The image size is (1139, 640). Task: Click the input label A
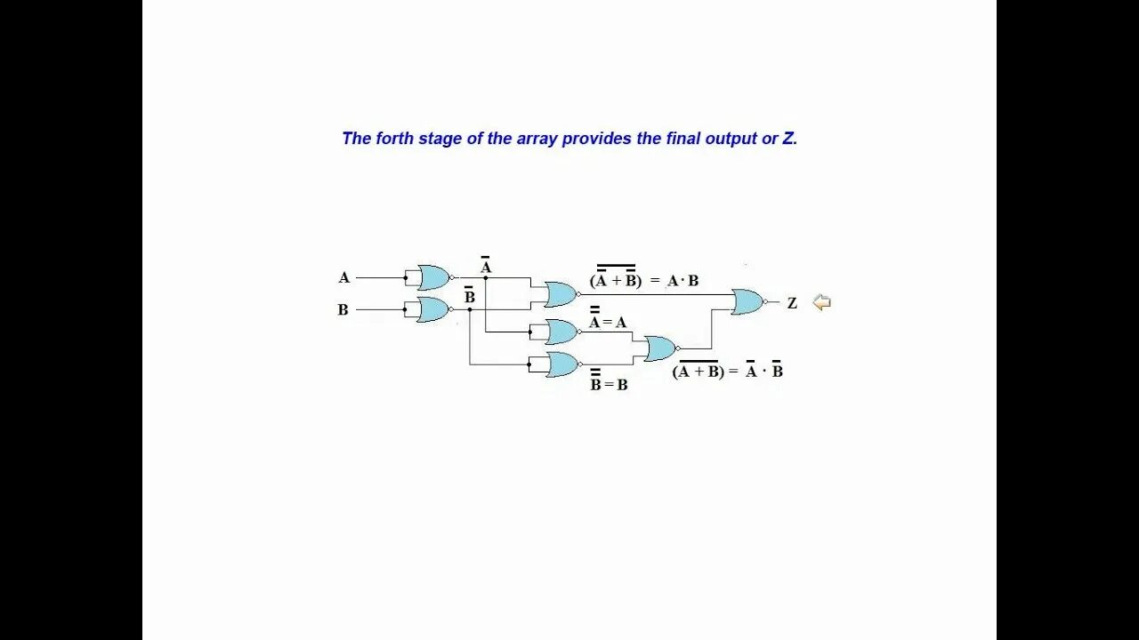[344, 277]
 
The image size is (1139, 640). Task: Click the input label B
[343, 310]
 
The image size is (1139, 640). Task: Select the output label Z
[792, 303]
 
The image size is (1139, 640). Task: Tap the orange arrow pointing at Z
[821, 302]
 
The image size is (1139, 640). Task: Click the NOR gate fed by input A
[433, 277]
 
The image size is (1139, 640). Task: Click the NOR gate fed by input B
[433, 309]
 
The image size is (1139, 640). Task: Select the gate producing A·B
[561, 294]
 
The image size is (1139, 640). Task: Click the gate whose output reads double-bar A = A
[561, 332]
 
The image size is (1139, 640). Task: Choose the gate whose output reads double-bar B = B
[561, 364]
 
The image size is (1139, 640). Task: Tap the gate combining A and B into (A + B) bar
[660, 348]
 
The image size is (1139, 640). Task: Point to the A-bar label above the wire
[486, 266]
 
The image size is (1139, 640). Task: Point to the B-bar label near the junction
[470, 296]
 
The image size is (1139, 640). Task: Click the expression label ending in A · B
[644, 279]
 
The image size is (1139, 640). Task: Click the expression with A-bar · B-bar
[728, 371]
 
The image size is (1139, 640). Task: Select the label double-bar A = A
[608, 321]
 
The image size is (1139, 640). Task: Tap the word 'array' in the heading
[539, 139]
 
